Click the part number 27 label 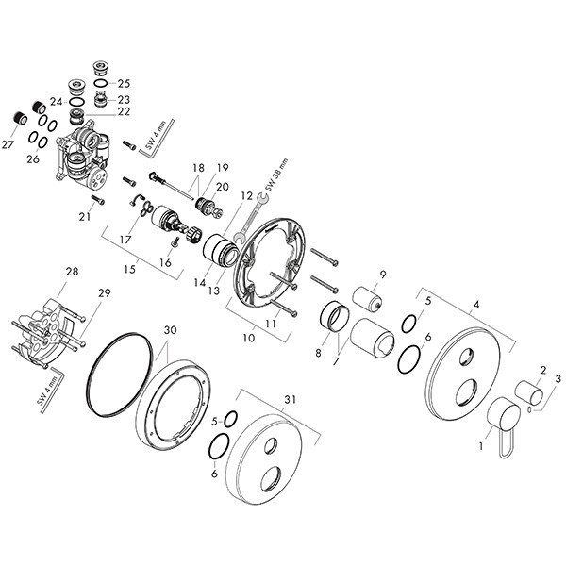[8, 144]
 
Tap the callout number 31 [291, 400]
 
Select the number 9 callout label [383, 275]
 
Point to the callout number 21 [85, 217]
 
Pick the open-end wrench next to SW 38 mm [249, 217]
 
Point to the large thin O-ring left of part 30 [119, 374]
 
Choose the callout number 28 [73, 271]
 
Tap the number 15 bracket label [129, 269]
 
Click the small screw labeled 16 [175, 241]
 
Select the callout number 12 [247, 196]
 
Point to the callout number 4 [476, 305]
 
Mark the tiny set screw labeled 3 [529, 409]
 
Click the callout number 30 [170, 329]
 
